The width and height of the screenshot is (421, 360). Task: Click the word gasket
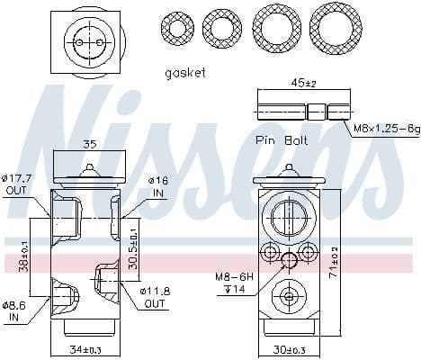185,71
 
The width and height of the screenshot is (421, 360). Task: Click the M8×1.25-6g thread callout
386,130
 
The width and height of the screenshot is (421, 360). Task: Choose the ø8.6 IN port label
16,309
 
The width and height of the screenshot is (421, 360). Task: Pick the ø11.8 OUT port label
157,297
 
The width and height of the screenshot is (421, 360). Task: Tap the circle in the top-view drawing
83,40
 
